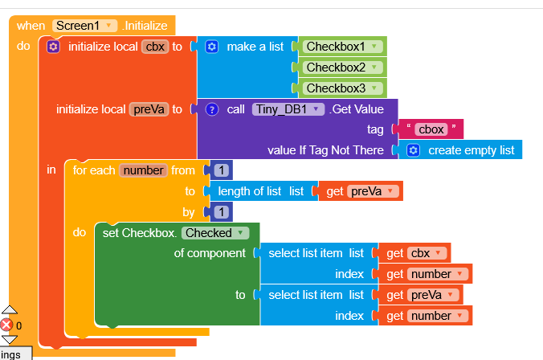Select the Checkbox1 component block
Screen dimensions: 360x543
(341, 47)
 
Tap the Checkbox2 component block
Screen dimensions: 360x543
(341, 67)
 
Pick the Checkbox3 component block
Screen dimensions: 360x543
(341, 88)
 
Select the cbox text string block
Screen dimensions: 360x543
(431, 129)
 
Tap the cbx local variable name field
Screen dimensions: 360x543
(154, 47)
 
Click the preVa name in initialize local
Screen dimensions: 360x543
(149, 109)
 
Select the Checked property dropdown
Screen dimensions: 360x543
(214, 233)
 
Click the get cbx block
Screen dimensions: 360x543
(414, 253)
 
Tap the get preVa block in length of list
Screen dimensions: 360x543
(362, 191)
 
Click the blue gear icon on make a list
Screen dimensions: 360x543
(212, 47)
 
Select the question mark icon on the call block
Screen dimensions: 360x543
(212, 109)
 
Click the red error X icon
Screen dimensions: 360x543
(7, 325)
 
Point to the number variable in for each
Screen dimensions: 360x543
(143, 170)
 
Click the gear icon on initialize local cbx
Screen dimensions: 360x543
(54, 47)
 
